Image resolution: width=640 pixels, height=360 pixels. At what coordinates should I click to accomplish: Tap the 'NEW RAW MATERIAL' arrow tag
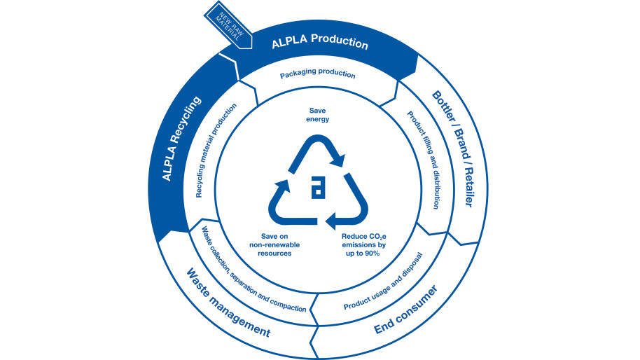225,22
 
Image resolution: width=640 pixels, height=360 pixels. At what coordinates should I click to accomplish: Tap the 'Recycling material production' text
216,151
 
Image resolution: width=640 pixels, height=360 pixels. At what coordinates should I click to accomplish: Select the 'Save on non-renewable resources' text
270,245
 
